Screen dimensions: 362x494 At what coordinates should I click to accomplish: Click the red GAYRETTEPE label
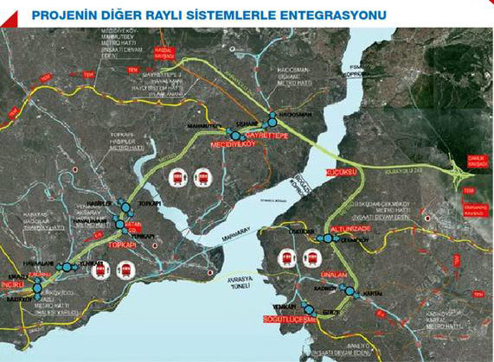click(268, 137)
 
